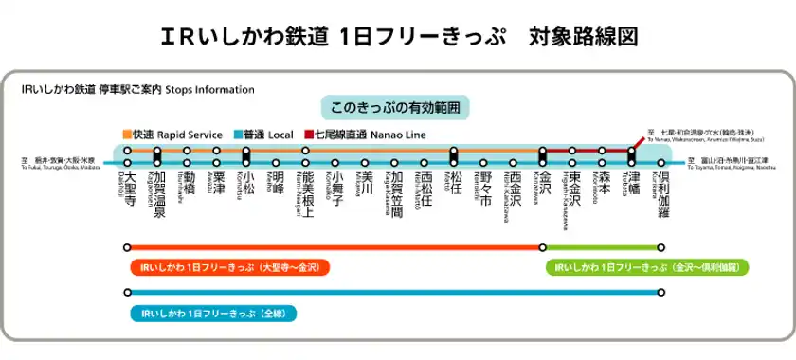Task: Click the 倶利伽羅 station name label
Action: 663,196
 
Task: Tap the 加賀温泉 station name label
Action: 159,196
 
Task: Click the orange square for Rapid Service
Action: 127,135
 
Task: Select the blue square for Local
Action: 236,135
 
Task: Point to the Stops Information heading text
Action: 210,90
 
